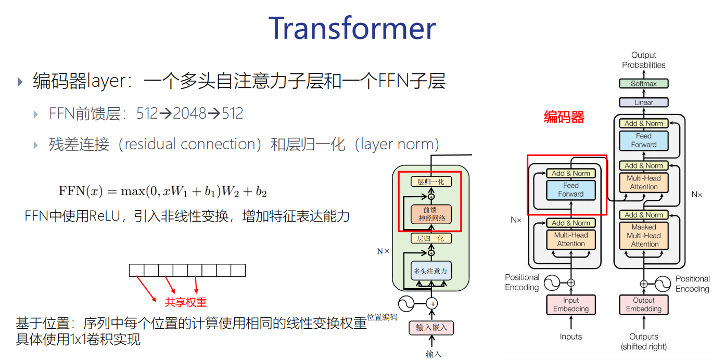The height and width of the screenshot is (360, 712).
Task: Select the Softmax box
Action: tap(643, 83)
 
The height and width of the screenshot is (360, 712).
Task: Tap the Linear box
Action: tap(643, 102)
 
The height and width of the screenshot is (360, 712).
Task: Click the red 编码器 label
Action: tap(564, 118)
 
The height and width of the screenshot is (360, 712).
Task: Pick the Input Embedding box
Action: tap(570, 304)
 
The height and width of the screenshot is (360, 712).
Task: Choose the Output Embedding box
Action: tap(643, 304)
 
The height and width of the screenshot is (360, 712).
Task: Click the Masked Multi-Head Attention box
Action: tap(644, 235)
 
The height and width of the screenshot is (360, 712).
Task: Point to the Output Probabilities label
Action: tap(643, 60)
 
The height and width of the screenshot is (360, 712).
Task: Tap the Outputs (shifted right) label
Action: tap(643, 341)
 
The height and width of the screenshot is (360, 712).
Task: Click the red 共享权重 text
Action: tap(186, 302)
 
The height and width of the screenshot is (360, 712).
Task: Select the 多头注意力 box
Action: tap(430, 271)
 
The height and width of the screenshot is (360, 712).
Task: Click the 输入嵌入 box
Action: tap(431, 328)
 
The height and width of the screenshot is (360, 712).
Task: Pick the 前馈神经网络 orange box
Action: tap(431, 214)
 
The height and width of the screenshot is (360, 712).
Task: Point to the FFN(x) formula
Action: tap(162, 191)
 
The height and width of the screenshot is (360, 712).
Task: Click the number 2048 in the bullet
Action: tap(189, 113)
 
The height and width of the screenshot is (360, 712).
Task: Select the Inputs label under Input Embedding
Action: tap(570, 337)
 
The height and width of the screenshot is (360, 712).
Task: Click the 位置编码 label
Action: tap(383, 317)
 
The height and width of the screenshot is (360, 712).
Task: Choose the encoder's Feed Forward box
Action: tap(570, 189)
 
